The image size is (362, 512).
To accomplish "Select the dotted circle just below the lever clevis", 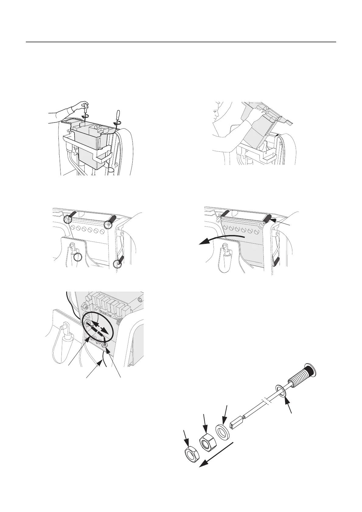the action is [78, 257].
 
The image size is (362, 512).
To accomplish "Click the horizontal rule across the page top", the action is [181, 42].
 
